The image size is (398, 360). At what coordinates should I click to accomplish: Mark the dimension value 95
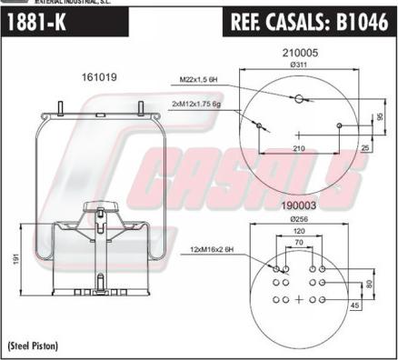380,117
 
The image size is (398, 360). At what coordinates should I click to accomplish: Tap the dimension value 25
363,147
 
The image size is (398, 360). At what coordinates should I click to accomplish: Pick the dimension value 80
368,284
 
